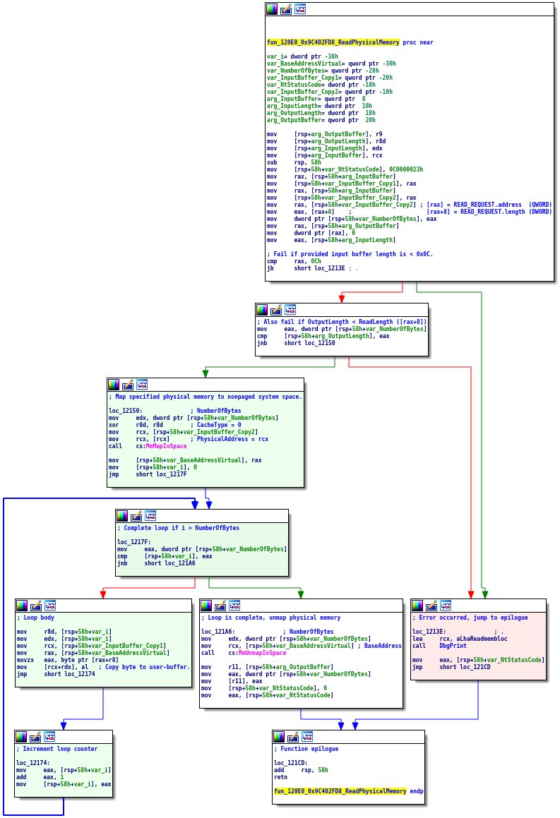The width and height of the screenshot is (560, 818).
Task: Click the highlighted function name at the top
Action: click(x=333, y=42)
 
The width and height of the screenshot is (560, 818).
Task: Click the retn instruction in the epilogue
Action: click(x=280, y=776)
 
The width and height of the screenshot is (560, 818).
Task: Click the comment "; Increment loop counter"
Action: click(x=56, y=748)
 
